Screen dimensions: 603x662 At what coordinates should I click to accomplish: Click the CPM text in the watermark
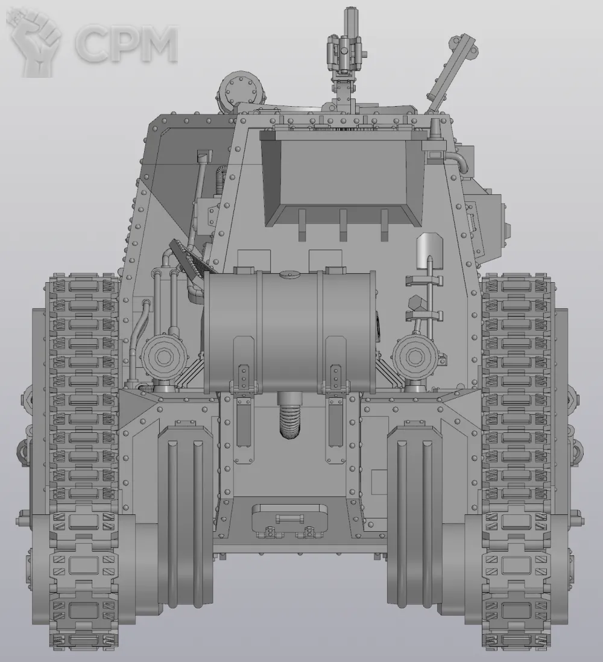pos(127,43)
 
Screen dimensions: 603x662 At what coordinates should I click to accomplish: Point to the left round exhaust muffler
pos(164,357)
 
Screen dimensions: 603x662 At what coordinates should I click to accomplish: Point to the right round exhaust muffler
pos(415,357)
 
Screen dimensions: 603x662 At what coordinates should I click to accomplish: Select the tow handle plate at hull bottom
pos(289,519)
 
